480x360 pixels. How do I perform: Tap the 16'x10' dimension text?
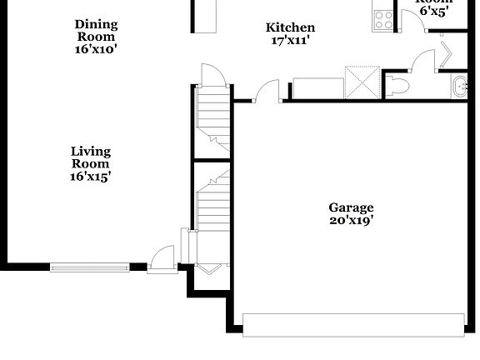(x=97, y=49)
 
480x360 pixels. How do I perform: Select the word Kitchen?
(x=290, y=27)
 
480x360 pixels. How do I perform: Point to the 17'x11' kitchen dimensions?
(x=290, y=40)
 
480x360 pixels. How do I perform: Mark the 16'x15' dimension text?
(x=90, y=177)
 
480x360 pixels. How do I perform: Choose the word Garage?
(x=351, y=207)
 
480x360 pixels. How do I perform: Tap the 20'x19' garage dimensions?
(x=351, y=221)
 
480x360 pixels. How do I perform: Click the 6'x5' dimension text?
(x=433, y=12)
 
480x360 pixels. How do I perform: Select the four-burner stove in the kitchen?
(x=383, y=19)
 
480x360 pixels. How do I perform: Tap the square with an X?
(x=362, y=82)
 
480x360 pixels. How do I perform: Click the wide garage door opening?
(x=353, y=324)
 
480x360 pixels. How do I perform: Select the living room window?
(x=90, y=267)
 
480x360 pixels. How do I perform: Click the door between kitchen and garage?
(x=267, y=90)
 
